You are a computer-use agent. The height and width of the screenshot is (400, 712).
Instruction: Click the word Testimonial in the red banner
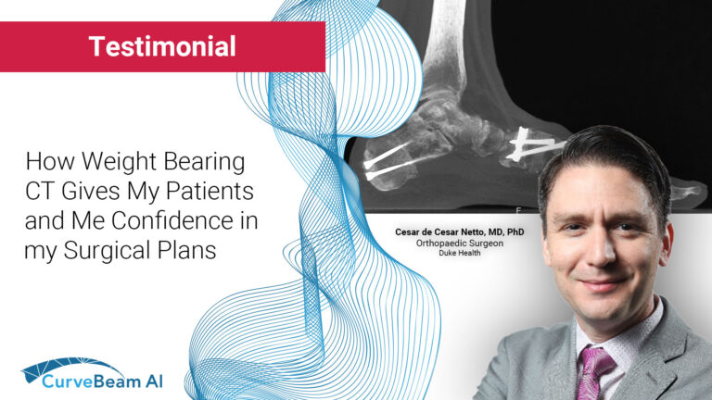[162, 46]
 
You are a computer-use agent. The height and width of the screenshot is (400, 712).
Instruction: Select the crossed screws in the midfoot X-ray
[533, 143]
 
